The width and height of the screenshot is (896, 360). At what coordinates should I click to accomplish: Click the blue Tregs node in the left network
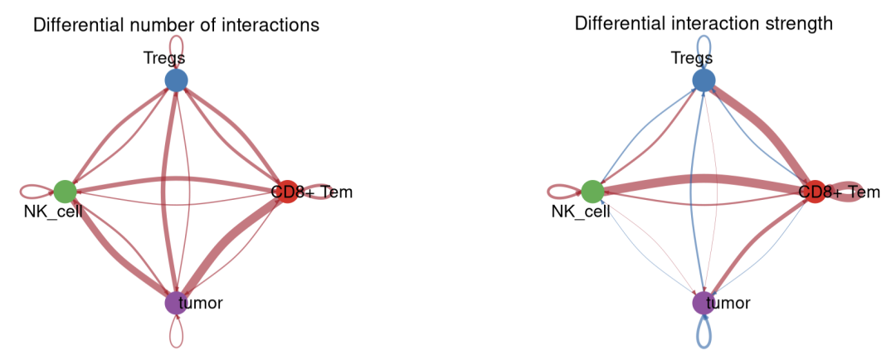pos(176,80)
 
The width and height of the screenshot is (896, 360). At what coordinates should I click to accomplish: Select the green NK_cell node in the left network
pos(65,192)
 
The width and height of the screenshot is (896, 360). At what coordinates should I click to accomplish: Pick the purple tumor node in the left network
pos(176,303)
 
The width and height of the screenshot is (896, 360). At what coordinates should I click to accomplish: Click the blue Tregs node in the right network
pos(704,80)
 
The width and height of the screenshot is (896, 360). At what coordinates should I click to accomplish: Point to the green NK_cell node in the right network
pos(592,192)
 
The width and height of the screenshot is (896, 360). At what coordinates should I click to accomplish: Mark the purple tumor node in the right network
pos(704,303)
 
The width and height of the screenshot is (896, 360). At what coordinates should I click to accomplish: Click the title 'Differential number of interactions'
pos(176,25)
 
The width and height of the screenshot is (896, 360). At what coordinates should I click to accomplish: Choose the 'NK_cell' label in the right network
pos(580,212)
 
